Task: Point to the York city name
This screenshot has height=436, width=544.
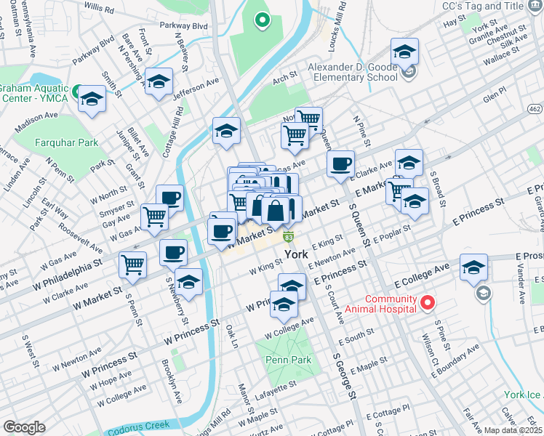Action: pyautogui.click(x=297, y=255)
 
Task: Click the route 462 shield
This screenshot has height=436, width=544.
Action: pyautogui.click(x=535, y=109)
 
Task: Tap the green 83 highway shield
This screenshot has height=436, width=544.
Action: pyautogui.click(x=289, y=238)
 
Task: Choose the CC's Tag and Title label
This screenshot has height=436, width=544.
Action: pyautogui.click(x=493, y=6)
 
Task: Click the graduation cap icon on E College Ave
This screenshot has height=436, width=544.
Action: pyautogui.click(x=473, y=269)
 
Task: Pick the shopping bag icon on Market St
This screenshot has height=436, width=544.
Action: pyautogui.click(x=276, y=212)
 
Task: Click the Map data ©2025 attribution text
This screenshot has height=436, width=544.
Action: pyautogui.click(x=511, y=430)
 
